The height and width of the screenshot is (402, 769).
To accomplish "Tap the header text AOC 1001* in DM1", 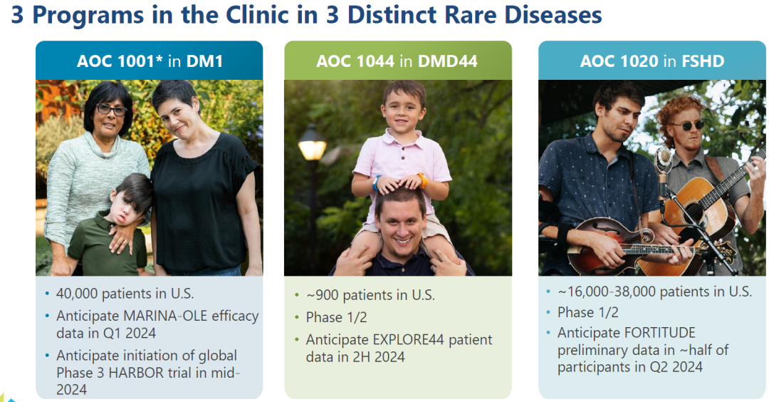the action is [150, 61].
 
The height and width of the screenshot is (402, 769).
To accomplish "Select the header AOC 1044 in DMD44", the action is [397, 61].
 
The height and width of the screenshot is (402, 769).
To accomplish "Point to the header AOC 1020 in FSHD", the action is [652, 61].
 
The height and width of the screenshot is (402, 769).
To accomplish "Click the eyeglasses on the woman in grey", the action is [111, 110].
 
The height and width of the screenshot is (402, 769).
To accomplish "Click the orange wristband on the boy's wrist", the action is [422, 180].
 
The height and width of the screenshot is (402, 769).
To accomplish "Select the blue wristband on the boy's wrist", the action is [376, 182].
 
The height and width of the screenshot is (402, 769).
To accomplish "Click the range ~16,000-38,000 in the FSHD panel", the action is [609, 292].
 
